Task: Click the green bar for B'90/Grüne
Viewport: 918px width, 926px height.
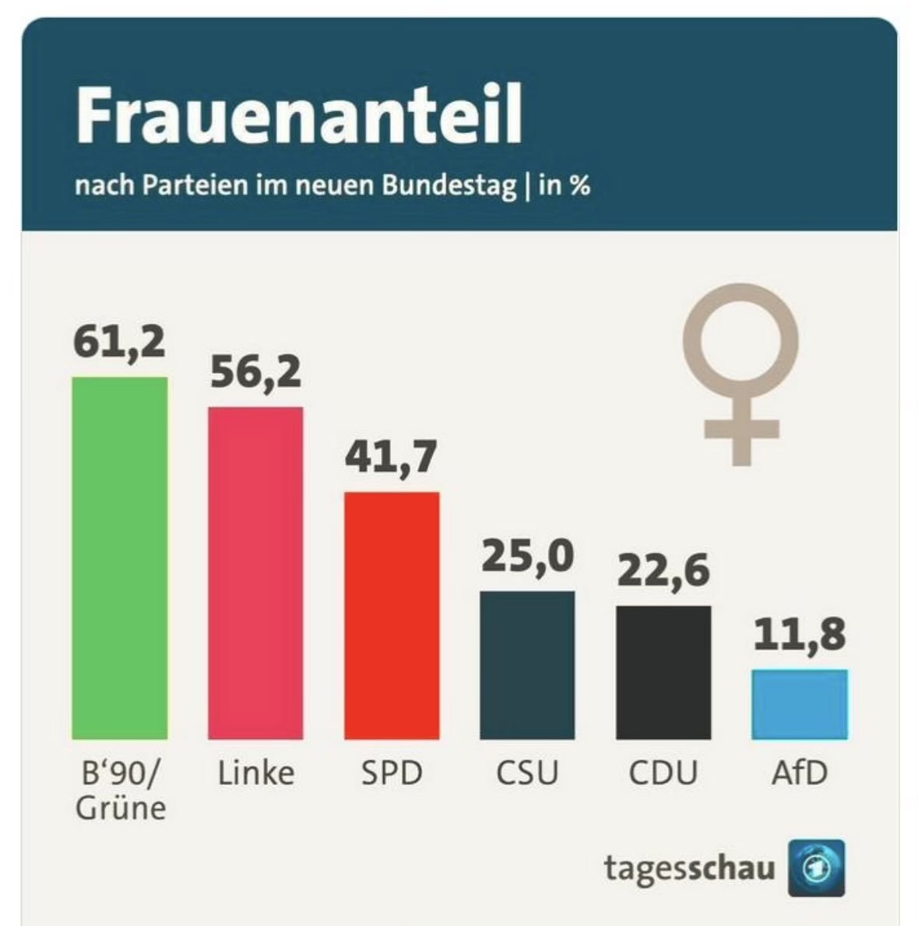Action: coord(120,558)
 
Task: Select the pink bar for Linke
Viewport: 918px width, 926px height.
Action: coord(255,572)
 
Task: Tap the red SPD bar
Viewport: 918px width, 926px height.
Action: coord(392,615)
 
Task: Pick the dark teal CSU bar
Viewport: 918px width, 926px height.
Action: coord(527,664)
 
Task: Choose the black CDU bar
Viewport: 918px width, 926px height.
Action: coord(663,672)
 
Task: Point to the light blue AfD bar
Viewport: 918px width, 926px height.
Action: coord(800,704)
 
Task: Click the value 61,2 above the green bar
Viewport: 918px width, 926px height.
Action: coord(120,343)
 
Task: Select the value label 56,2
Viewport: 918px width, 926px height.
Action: coord(255,372)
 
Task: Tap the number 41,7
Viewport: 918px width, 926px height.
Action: coord(392,457)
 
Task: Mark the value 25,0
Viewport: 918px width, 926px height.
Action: coord(527,556)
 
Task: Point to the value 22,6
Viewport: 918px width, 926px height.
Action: coord(663,571)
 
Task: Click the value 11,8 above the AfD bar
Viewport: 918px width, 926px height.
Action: coord(800,634)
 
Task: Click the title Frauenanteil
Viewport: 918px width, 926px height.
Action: coord(298,116)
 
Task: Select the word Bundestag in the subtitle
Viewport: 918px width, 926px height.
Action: coord(449,187)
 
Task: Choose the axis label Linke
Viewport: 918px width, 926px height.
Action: coord(255,773)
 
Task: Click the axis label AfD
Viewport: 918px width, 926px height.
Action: coord(800,773)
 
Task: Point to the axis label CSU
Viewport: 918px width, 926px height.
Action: coord(527,773)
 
